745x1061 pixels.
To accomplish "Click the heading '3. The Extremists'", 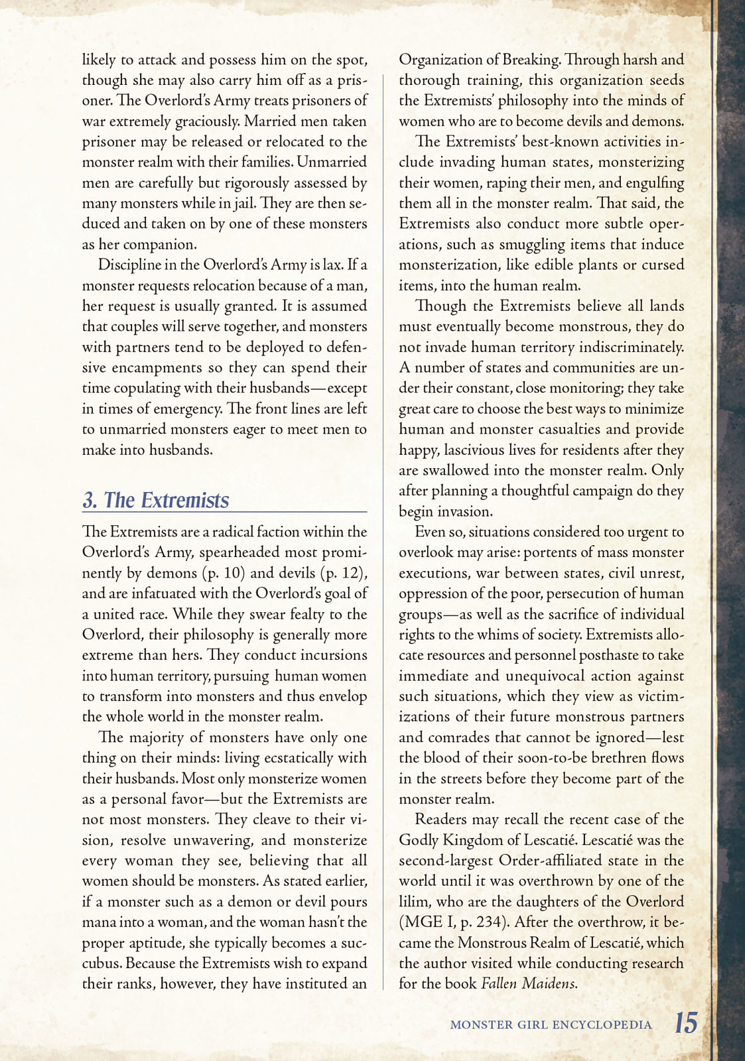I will tap(156, 500).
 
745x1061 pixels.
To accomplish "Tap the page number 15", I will tap(686, 1023).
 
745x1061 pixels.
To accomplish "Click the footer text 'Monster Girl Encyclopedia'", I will tap(551, 1025).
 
